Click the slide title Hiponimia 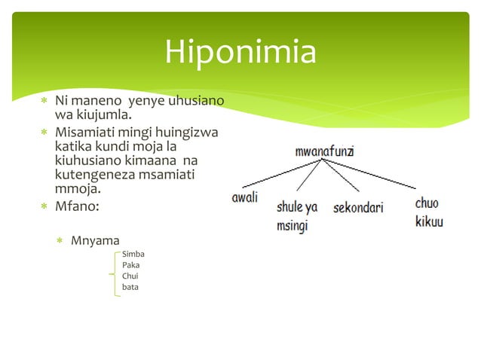pyautogui.click(x=240, y=52)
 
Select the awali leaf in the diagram pyautogui.click(x=244, y=197)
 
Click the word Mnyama pyautogui.click(x=95, y=241)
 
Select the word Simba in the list pyautogui.click(x=133, y=255)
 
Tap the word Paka pyautogui.click(x=130, y=265)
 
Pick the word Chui pyautogui.click(x=130, y=276)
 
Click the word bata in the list pyautogui.click(x=130, y=287)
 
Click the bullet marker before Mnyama pyautogui.click(x=60, y=241)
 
